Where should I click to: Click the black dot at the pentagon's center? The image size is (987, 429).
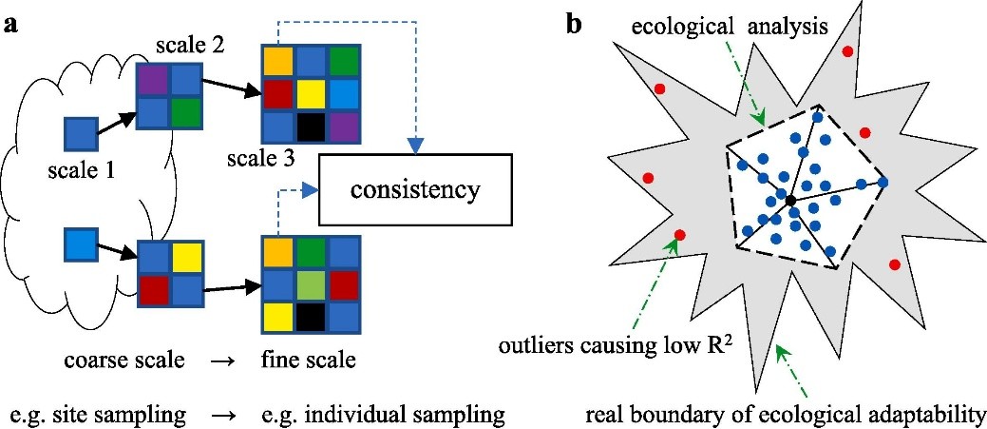click(790, 200)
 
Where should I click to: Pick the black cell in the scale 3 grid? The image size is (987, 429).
click(310, 127)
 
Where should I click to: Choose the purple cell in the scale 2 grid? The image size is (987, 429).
click(153, 81)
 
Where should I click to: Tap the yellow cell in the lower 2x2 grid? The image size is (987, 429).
click(185, 257)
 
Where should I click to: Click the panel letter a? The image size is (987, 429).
click(10, 25)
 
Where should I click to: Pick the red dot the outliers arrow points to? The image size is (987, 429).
click(679, 236)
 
